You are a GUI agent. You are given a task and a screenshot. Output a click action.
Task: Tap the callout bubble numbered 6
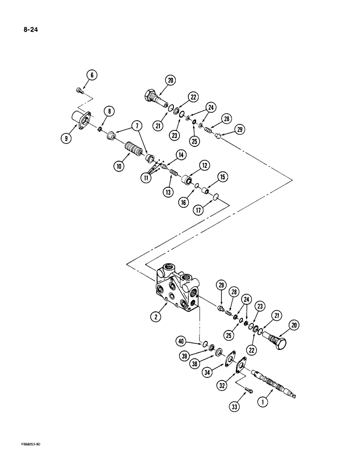91,74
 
